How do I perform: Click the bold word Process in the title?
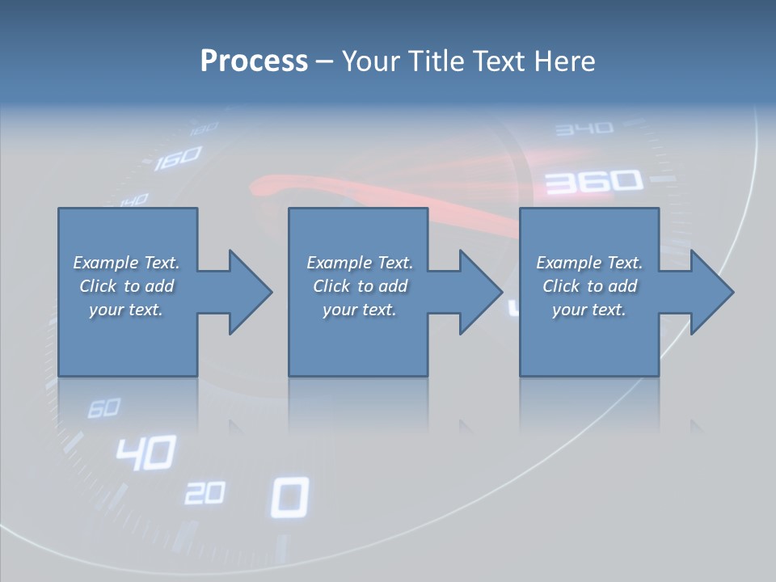point(254,61)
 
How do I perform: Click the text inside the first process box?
point(126,286)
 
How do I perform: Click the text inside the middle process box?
point(360,286)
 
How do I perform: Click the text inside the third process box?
point(589,286)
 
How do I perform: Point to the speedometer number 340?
point(584,129)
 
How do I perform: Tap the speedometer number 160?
point(177,158)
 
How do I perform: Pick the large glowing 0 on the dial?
point(289,496)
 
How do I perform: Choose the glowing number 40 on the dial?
point(145,453)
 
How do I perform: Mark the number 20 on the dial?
point(204,492)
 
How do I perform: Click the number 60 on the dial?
point(103,408)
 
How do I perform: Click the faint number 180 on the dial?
point(205,128)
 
